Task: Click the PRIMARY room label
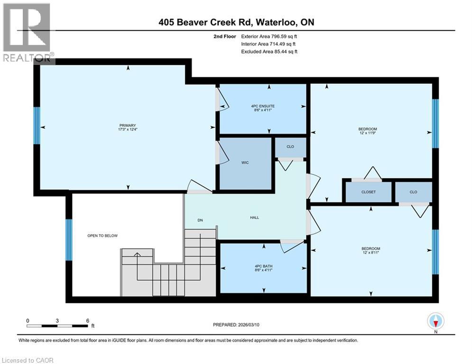[x=127, y=125]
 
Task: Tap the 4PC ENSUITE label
[x=263, y=106]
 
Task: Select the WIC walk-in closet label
[x=245, y=163]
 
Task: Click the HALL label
[x=255, y=218]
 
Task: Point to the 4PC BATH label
[x=263, y=266]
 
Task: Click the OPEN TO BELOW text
[x=102, y=236]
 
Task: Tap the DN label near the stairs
[x=201, y=220]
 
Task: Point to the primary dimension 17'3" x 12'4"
[x=127, y=129]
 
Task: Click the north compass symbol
[x=435, y=322]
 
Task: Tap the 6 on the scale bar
[x=88, y=320]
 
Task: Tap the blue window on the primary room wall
[x=37, y=126]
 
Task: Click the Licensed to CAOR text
[x=28, y=360]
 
